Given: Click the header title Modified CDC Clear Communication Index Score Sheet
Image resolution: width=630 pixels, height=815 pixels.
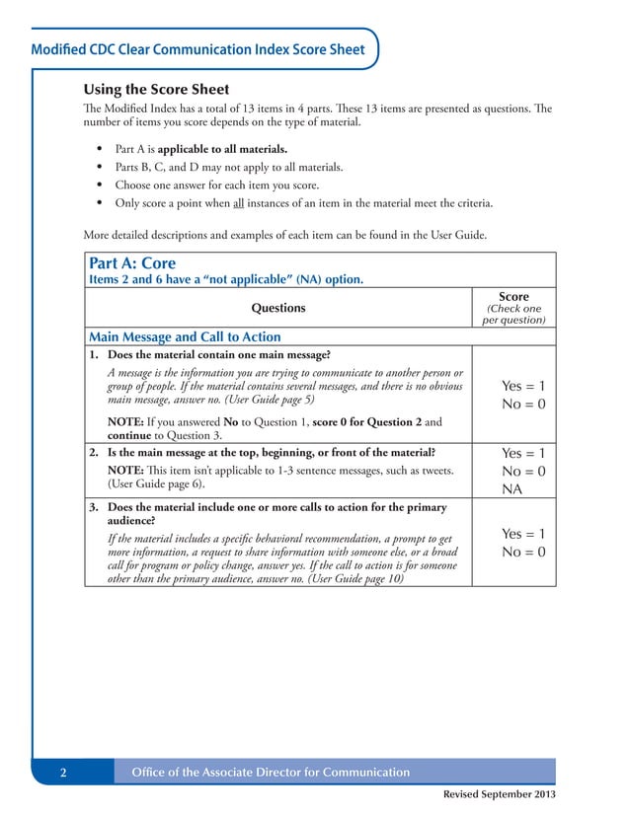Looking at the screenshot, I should coord(197,49).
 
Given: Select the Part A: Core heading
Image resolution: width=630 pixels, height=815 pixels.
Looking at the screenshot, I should coord(132,263).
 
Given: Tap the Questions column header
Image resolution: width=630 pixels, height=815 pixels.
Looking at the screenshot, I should coord(278,308).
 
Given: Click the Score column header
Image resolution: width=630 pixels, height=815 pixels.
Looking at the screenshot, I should coord(513,297).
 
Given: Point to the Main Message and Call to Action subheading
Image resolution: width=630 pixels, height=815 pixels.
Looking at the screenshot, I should coord(185,336).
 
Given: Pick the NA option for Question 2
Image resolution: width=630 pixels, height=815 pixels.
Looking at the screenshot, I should coord(512,489).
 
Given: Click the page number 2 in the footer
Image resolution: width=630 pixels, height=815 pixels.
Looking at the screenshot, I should coord(63,773).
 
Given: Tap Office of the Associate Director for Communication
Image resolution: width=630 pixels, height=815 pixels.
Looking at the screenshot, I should coord(271,773).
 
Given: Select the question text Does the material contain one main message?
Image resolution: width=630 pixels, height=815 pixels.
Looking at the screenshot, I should coord(219,354).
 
